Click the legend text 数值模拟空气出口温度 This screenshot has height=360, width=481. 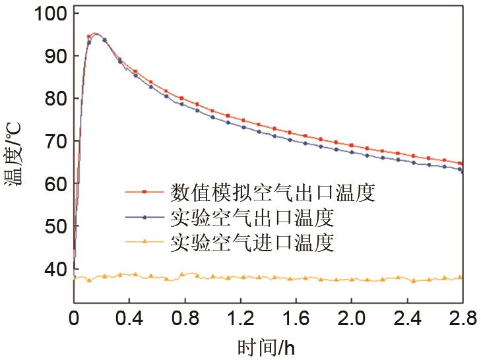click(x=273, y=193)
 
